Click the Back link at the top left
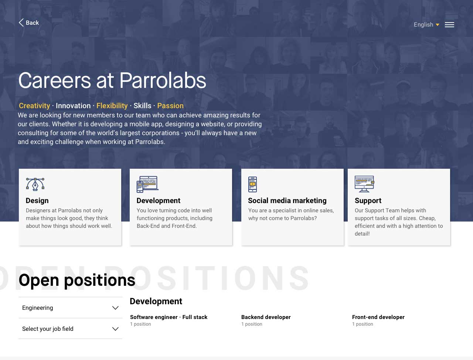(x=29, y=23)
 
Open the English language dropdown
(x=426, y=24)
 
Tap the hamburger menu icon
(x=449, y=25)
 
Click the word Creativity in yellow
(x=34, y=106)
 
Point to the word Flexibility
(x=112, y=106)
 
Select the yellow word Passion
(x=170, y=106)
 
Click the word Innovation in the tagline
(x=73, y=106)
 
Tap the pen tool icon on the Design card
(x=35, y=184)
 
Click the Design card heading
(x=37, y=200)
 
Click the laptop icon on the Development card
(x=147, y=184)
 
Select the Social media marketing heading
(x=287, y=200)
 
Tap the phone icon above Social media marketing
(x=252, y=184)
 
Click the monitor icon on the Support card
(x=364, y=184)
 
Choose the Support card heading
(x=368, y=200)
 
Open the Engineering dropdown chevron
(x=116, y=308)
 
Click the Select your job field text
(x=48, y=329)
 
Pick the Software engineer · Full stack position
(x=169, y=317)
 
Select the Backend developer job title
(x=266, y=317)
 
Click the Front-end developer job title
(x=378, y=317)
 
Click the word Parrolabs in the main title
(x=163, y=80)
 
